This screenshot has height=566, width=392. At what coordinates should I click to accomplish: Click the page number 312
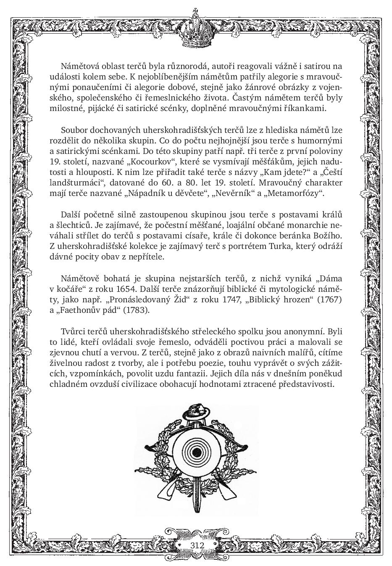[x=197, y=545]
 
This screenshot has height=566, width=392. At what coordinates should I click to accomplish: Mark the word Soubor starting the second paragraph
[x=74, y=130]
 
